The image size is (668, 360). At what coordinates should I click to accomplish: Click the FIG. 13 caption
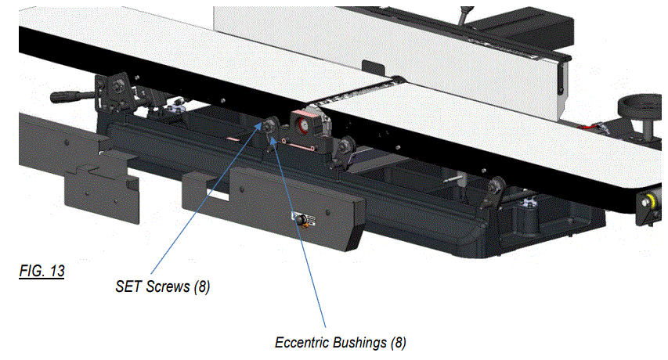coord(42,272)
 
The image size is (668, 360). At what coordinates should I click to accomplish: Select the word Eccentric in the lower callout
coord(299,343)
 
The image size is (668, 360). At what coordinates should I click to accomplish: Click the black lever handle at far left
coord(69,97)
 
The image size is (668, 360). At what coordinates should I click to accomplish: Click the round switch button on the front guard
coord(299,221)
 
